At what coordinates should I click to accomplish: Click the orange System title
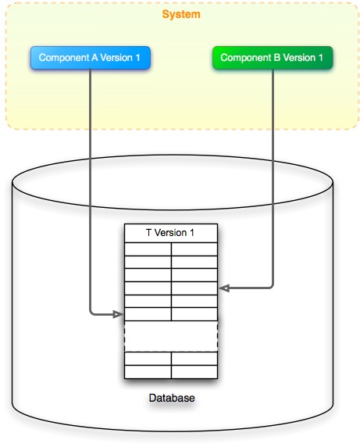(x=180, y=15)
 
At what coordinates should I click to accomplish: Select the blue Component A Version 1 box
(x=91, y=58)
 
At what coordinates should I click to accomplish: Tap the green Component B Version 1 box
(x=272, y=58)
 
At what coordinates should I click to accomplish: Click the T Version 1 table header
(x=171, y=234)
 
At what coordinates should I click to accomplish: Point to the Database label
(x=171, y=399)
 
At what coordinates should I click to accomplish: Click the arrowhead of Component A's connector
(x=119, y=315)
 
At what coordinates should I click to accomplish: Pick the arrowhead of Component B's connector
(x=223, y=288)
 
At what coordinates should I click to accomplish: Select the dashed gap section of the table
(x=171, y=336)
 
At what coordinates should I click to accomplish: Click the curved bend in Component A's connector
(x=93, y=313)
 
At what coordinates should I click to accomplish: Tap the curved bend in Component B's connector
(x=270, y=286)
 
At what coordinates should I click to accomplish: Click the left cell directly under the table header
(x=148, y=249)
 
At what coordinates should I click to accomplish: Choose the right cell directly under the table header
(x=194, y=249)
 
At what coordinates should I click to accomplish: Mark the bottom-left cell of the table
(x=148, y=371)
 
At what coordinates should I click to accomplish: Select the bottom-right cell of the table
(x=194, y=371)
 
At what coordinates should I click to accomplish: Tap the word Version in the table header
(x=171, y=234)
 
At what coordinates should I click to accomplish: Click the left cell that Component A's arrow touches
(x=148, y=314)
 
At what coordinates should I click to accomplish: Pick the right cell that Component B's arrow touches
(x=194, y=288)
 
